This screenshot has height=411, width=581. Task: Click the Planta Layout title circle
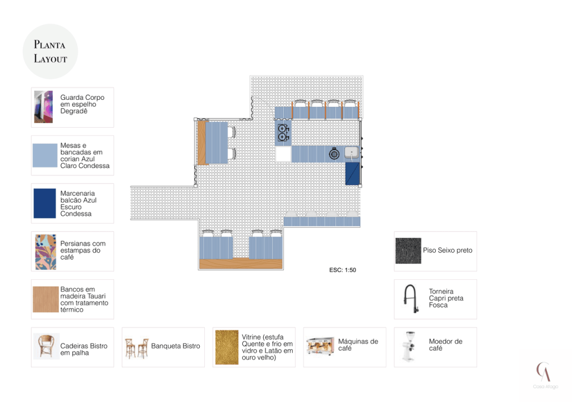point(50,52)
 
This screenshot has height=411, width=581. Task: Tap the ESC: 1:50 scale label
point(342,270)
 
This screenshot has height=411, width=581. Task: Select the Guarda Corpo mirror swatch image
point(43,107)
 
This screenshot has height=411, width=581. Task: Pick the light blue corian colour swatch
point(45,156)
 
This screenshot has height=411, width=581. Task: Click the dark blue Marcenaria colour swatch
point(45,203)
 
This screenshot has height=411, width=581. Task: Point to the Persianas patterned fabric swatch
point(45,252)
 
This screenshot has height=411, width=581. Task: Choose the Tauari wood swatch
point(46,299)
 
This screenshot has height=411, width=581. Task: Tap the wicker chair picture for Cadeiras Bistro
point(47,346)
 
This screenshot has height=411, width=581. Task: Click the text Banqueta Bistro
point(176,346)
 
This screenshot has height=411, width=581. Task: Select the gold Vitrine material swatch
point(227,347)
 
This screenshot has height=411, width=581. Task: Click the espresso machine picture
point(321,346)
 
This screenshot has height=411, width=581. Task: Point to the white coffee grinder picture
point(410,346)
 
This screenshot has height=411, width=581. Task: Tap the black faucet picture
point(411,299)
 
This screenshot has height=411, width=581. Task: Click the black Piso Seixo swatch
point(409,251)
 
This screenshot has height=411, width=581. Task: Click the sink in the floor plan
point(352,153)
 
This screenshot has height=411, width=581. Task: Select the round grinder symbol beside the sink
point(334,153)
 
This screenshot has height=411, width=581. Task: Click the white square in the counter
point(283,154)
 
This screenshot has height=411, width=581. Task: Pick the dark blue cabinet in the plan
point(352,174)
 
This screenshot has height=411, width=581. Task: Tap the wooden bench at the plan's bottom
point(241,263)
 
